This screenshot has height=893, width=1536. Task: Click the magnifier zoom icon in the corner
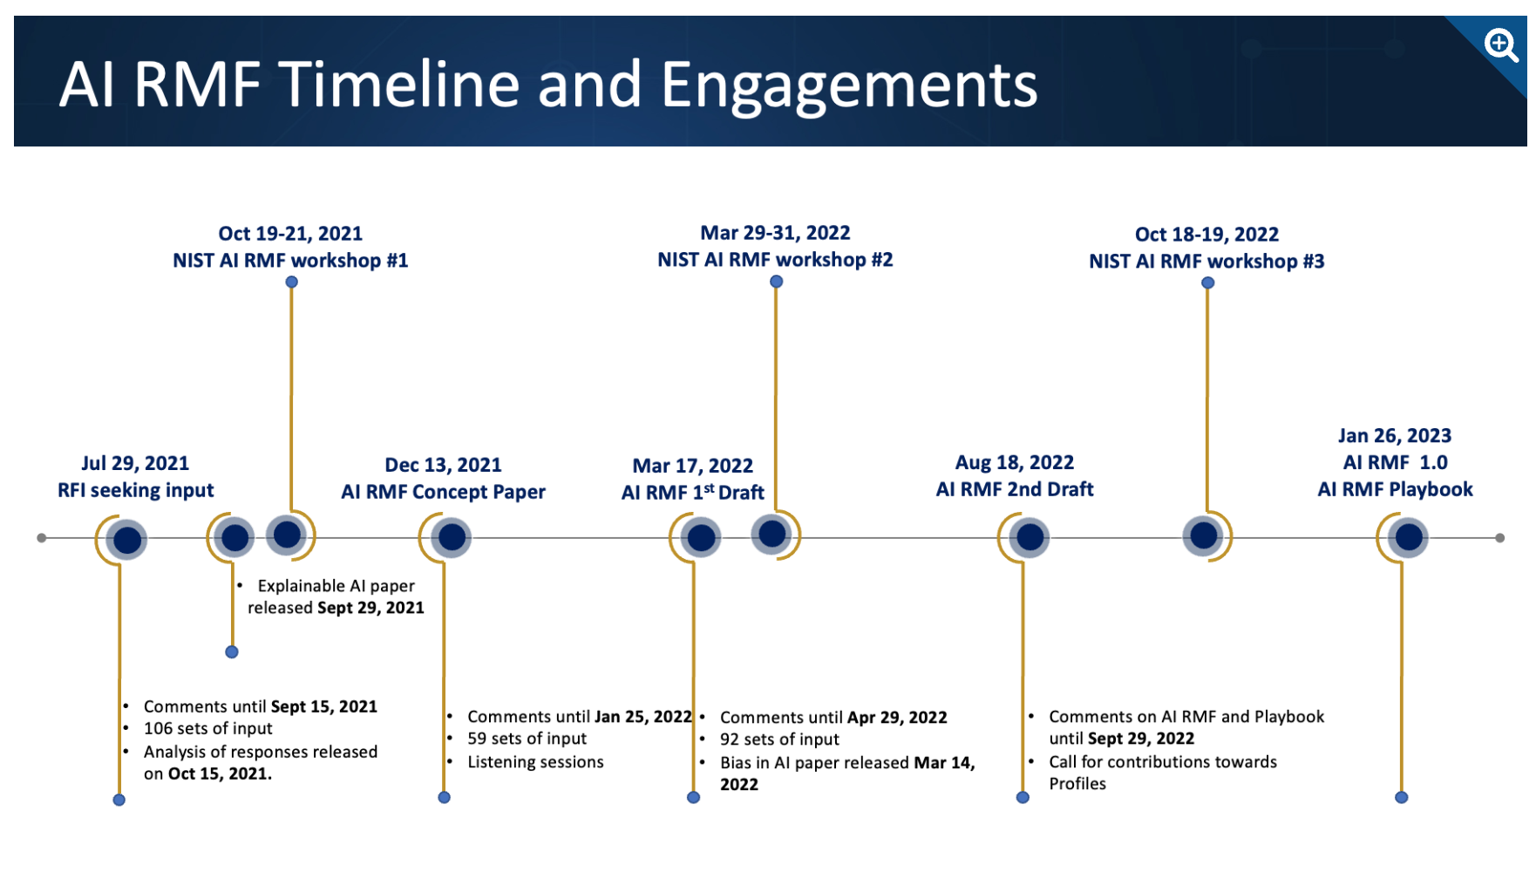tap(1501, 44)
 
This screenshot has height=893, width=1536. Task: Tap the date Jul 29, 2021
tap(135, 463)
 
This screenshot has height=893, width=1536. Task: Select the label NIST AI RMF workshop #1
tap(290, 261)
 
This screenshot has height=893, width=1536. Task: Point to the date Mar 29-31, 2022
tap(775, 233)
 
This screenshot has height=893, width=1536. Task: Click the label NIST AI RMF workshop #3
tap(1206, 262)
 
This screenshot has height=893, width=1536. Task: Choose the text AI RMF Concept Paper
tap(443, 492)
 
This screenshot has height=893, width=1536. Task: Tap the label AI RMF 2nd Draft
tap(1015, 489)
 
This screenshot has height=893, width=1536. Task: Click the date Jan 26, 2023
tap(1395, 436)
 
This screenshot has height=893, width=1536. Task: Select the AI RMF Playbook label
tap(1395, 489)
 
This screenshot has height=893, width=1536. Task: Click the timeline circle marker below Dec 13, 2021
tap(452, 537)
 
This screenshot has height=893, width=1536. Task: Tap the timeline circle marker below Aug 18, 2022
tap(1030, 537)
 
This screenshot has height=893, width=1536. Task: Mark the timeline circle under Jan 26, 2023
tap(1409, 537)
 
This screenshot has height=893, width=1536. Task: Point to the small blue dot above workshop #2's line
tap(776, 282)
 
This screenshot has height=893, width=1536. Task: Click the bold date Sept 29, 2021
tap(370, 608)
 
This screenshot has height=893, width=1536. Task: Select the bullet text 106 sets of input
tap(207, 728)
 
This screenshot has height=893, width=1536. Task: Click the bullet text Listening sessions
tap(535, 762)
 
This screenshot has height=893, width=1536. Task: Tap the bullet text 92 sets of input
tap(779, 740)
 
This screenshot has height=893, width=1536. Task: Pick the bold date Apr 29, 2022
tap(897, 718)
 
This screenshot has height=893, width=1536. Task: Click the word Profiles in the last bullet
tap(1077, 784)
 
